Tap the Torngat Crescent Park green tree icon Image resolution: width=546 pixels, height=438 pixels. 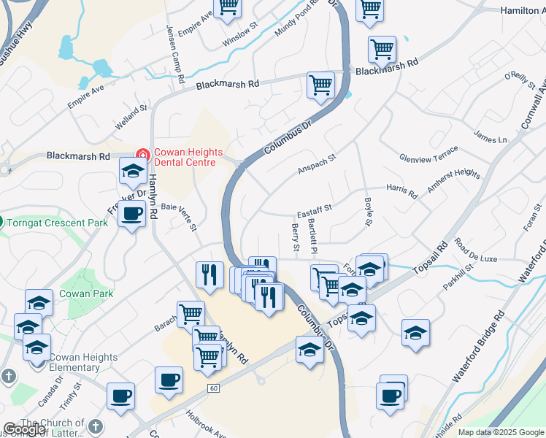(3, 221)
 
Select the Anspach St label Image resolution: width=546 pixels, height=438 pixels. (316, 164)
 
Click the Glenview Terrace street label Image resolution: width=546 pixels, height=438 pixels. (428, 154)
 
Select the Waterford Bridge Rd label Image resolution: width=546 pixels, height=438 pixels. (478, 347)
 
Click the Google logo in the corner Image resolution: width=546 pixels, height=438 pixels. (24, 430)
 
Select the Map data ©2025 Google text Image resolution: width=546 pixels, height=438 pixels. (501, 432)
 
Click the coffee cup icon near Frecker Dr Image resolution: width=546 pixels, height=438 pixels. (131, 215)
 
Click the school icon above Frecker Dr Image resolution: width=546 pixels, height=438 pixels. (132, 172)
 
